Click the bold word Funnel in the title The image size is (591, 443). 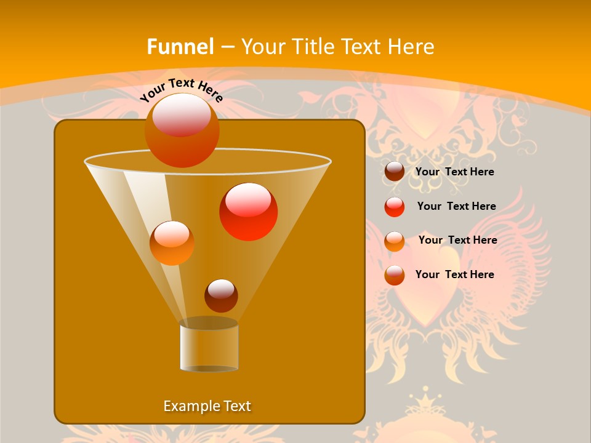[180, 47]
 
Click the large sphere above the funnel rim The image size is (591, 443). [182, 130]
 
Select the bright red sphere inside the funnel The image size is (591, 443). [249, 212]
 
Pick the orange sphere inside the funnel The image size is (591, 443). [172, 243]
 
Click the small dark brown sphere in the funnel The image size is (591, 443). [221, 295]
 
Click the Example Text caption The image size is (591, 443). [207, 406]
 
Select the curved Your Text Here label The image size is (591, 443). [181, 90]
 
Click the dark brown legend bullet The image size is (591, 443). [395, 172]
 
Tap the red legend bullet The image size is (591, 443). [395, 207]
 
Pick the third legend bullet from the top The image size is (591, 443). [395, 241]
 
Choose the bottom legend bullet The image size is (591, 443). [395, 275]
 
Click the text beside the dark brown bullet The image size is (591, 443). [454, 172]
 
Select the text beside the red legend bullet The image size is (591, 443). [456, 207]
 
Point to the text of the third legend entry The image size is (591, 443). [457, 241]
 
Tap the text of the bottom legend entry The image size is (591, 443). [454, 274]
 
